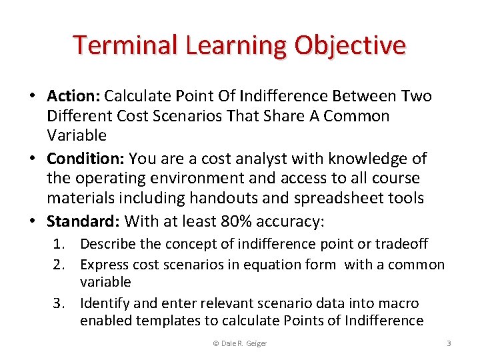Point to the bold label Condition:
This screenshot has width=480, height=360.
(x=85, y=159)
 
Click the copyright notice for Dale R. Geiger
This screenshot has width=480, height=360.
(x=239, y=343)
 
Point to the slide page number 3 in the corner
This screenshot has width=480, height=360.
(x=449, y=343)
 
